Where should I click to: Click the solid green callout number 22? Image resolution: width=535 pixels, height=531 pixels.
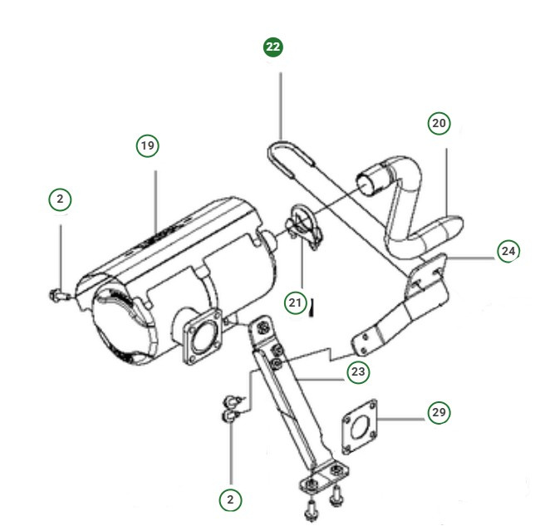(x=273, y=47)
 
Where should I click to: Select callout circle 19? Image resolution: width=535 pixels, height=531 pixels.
(x=147, y=146)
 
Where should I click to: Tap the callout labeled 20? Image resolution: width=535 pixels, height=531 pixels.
(x=439, y=123)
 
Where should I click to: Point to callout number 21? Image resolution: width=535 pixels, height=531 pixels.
(x=295, y=303)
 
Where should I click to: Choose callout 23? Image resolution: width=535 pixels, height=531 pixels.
(x=358, y=372)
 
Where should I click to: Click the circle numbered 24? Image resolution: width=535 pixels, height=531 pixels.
(x=508, y=250)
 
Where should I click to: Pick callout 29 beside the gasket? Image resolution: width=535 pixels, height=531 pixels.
(x=439, y=411)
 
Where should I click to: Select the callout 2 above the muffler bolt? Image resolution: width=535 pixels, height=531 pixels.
(x=60, y=199)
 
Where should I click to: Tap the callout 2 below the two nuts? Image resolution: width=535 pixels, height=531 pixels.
(x=230, y=499)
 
